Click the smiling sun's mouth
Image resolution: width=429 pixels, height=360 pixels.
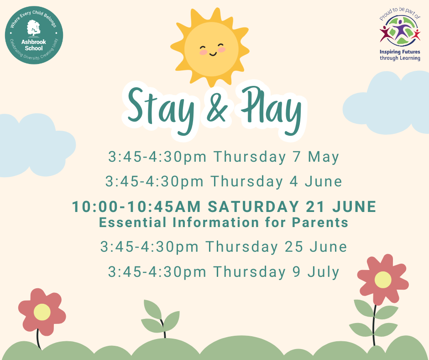(x=213, y=54)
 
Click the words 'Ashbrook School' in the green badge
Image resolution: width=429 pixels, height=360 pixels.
(x=34, y=45)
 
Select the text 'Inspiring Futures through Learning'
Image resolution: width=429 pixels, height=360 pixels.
(x=400, y=55)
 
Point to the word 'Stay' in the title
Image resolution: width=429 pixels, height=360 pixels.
(x=161, y=110)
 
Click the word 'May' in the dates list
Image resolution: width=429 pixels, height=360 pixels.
(x=324, y=157)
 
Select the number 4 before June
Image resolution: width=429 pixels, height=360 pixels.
(x=293, y=182)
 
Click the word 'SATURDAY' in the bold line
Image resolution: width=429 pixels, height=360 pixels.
(x=253, y=206)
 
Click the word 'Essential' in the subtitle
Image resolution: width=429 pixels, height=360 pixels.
(x=132, y=222)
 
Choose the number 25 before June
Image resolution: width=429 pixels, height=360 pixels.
(x=294, y=247)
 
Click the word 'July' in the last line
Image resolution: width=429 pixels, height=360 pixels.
(x=324, y=272)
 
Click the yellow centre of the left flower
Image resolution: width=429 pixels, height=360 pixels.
(x=42, y=312)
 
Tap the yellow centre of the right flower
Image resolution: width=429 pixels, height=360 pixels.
(x=383, y=280)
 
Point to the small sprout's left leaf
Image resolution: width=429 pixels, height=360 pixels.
(x=152, y=309)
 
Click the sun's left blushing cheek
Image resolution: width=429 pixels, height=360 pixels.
(x=203, y=52)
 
